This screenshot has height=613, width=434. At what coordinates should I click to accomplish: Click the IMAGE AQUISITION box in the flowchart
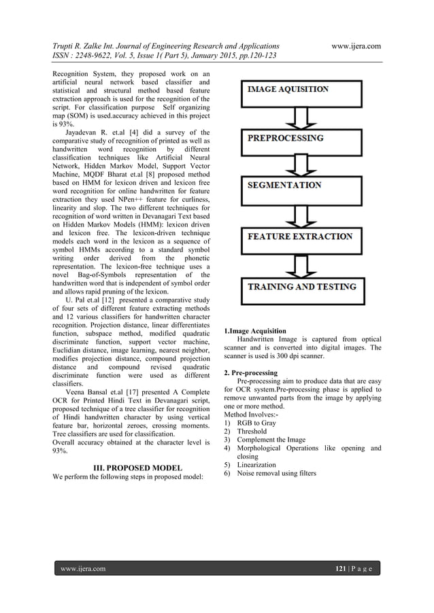[297, 89]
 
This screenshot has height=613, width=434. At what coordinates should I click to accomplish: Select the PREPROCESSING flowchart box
[297, 137]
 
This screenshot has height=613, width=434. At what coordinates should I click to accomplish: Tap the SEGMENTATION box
[297, 186]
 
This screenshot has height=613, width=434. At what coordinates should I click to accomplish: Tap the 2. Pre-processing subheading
[250, 373]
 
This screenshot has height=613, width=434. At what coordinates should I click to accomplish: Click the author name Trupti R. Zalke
[84, 46]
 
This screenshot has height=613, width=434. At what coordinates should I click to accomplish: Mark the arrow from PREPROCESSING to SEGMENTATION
[297, 164]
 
